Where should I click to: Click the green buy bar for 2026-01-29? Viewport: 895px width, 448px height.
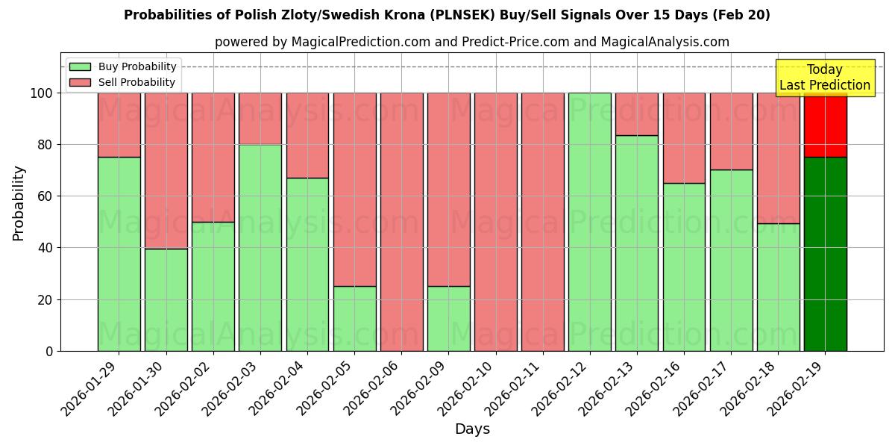119,254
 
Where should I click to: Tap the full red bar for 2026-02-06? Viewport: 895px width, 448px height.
401,222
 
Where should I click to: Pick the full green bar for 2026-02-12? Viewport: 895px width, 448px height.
589,222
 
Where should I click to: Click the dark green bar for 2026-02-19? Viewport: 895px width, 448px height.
825,254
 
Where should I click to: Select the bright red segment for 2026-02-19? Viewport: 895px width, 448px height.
825,125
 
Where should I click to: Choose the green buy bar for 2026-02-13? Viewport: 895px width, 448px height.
636,243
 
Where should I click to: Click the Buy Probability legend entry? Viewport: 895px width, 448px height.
123,66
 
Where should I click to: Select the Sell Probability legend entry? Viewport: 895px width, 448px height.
123,82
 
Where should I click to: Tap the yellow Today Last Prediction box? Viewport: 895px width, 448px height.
825,78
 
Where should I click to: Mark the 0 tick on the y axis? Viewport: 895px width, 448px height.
50,351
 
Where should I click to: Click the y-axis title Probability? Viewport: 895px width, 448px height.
19,202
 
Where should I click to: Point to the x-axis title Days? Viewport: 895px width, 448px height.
472,429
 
